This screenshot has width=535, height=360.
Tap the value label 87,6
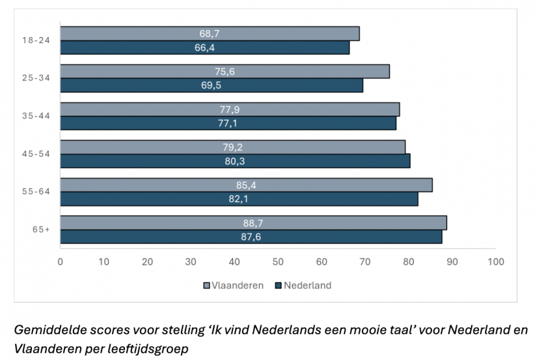click(x=251, y=237)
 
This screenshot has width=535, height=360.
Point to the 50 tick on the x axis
click(x=278, y=262)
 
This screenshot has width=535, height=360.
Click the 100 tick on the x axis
click(x=495, y=262)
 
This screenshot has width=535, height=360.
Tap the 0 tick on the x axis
click(x=61, y=262)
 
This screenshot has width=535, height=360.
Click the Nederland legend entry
click(x=302, y=285)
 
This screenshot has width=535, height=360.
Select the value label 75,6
click(x=225, y=72)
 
